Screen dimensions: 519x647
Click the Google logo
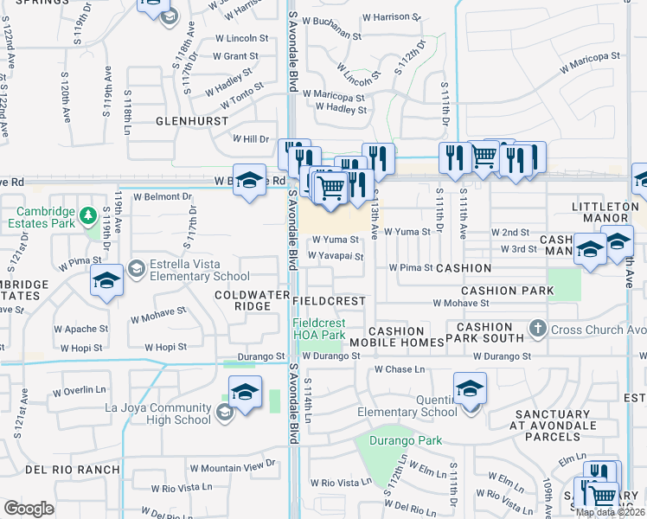29,509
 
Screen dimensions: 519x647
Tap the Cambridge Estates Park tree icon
87,215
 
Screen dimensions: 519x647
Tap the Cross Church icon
537,329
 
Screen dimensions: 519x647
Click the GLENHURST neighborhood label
191,121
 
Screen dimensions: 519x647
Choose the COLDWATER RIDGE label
245,300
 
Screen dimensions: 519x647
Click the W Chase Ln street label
400,369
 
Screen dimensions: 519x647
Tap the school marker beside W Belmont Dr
249,181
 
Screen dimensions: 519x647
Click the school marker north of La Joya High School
245,392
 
